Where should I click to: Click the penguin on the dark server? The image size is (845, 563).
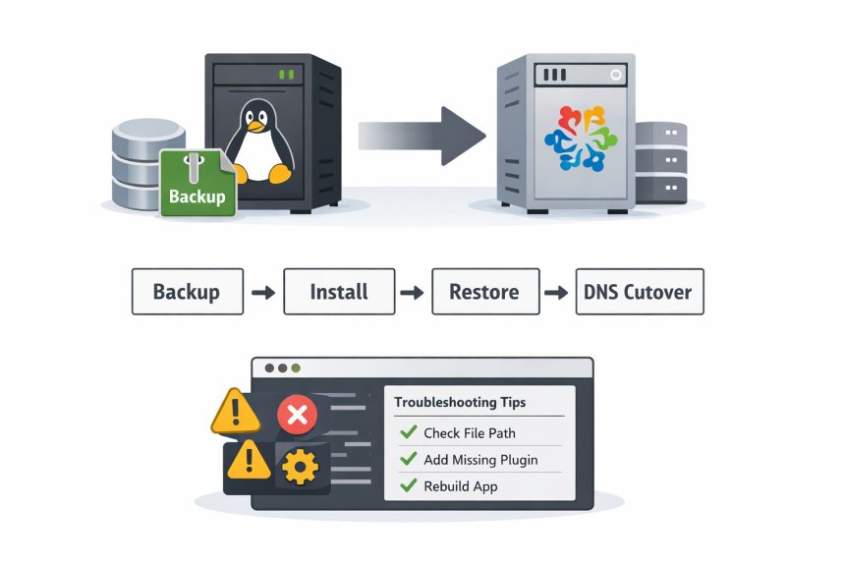(x=257, y=141)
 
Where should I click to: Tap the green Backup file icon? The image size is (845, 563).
(x=197, y=182)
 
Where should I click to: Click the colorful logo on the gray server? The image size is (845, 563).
(x=577, y=139)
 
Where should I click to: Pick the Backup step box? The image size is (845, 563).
(x=187, y=292)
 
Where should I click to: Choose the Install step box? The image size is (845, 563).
(x=339, y=292)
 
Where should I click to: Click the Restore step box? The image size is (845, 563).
(x=483, y=292)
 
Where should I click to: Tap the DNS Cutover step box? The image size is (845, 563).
(x=639, y=292)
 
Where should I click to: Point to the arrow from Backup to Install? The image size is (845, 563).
(x=262, y=292)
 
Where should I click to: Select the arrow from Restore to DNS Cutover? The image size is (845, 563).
(x=557, y=292)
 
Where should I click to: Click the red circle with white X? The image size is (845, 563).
(x=296, y=416)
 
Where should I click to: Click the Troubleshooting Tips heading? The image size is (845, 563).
(x=460, y=402)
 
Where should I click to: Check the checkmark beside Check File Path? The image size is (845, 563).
(x=407, y=432)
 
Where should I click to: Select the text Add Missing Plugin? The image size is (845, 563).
(x=480, y=459)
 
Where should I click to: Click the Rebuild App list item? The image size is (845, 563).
(x=460, y=485)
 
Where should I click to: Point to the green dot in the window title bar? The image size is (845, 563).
(x=296, y=368)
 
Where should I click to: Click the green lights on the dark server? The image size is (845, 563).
(x=287, y=74)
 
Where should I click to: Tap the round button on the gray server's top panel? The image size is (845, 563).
(x=616, y=74)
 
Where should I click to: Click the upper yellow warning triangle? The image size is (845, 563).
(x=236, y=413)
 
